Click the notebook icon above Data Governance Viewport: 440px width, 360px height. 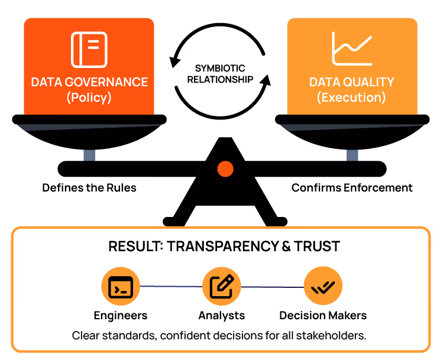point(89,49)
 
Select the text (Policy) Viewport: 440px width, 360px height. point(89,98)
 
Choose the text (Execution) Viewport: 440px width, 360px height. point(351,98)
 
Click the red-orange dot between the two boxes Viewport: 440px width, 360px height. point(225,169)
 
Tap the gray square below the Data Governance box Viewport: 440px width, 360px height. point(89,155)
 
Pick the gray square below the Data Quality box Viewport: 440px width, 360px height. point(352,155)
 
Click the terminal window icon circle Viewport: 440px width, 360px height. point(121,287)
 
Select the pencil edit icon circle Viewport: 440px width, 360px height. point(222,287)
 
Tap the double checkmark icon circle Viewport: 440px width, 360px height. point(323,287)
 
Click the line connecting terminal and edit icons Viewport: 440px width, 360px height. point(172,287)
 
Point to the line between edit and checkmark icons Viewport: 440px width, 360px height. point(273,287)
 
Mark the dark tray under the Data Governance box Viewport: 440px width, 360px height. point(89,127)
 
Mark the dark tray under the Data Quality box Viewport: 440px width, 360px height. point(352,127)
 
